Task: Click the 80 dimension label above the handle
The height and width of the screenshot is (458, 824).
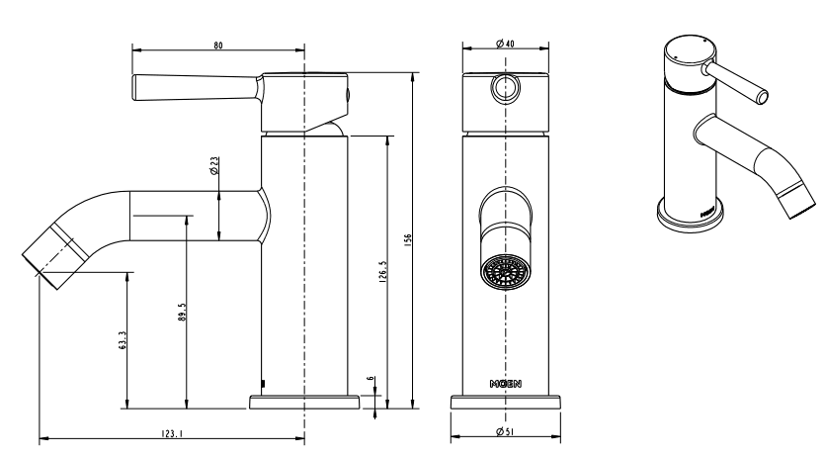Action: pyautogui.click(x=217, y=45)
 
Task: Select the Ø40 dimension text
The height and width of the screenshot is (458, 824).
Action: pyautogui.click(x=504, y=45)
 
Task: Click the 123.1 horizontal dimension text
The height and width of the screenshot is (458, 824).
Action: pyautogui.click(x=172, y=432)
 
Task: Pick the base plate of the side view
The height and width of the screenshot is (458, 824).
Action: pyautogui.click(x=304, y=403)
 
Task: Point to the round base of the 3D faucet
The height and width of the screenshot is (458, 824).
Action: pyautogui.click(x=691, y=216)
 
